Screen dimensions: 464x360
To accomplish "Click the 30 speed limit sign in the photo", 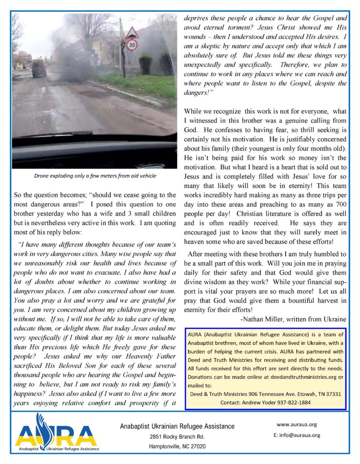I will [x=131, y=45].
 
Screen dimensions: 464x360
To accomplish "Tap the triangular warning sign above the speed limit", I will [x=131, y=33].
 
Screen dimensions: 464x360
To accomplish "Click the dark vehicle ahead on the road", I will [x=39, y=68].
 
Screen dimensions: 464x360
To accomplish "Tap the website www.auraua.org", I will [x=296, y=425].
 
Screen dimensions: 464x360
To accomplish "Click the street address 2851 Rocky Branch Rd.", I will [x=177, y=437].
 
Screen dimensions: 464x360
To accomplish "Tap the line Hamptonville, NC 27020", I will [x=177, y=446].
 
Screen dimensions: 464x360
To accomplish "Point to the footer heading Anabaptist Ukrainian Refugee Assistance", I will [x=177, y=426].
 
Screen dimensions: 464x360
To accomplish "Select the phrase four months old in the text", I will [x=318, y=149].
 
